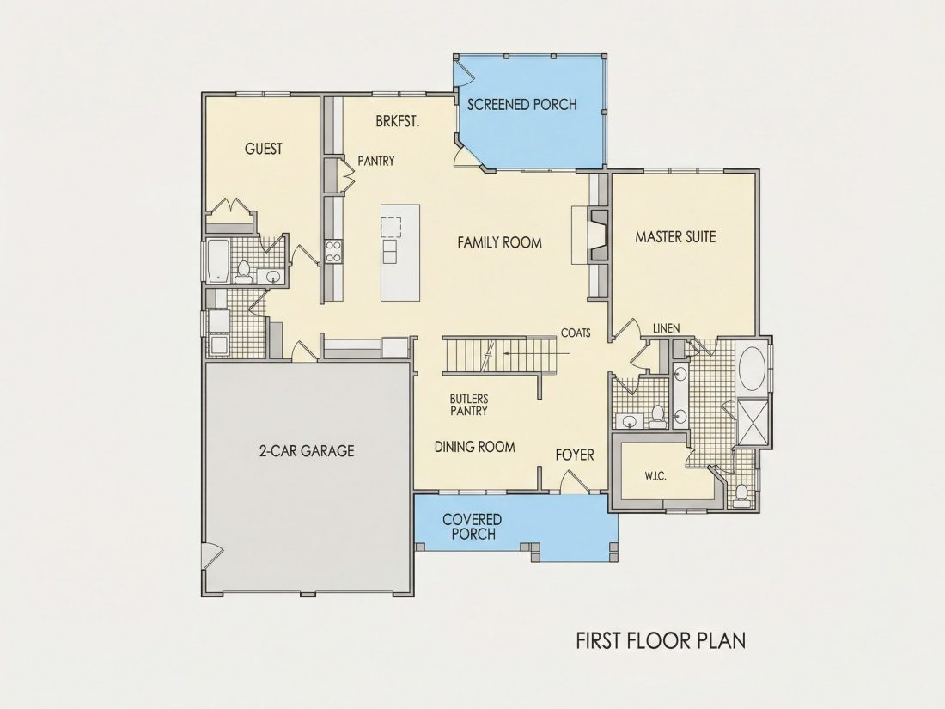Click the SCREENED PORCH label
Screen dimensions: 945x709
coord(522,104)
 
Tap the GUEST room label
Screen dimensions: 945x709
coord(264,149)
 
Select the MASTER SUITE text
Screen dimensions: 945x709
coord(675,237)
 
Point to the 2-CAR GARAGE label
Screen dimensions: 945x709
coord(307,451)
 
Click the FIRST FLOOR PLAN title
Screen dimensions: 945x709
coord(661,640)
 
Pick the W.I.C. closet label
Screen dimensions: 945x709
coord(655,476)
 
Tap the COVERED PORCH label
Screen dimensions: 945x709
coord(472,526)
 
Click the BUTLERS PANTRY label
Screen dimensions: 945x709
coord(469,405)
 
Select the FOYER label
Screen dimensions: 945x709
coord(575,455)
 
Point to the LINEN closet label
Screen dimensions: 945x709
coord(667,328)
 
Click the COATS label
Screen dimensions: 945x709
coord(576,333)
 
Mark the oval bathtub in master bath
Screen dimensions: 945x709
coord(753,368)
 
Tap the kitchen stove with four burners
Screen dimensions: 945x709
coord(333,252)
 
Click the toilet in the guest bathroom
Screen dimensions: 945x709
coord(244,272)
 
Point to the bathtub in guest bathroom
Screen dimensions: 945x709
coord(217,261)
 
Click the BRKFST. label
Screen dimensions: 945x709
coord(398,121)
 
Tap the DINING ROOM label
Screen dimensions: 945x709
coord(475,447)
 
